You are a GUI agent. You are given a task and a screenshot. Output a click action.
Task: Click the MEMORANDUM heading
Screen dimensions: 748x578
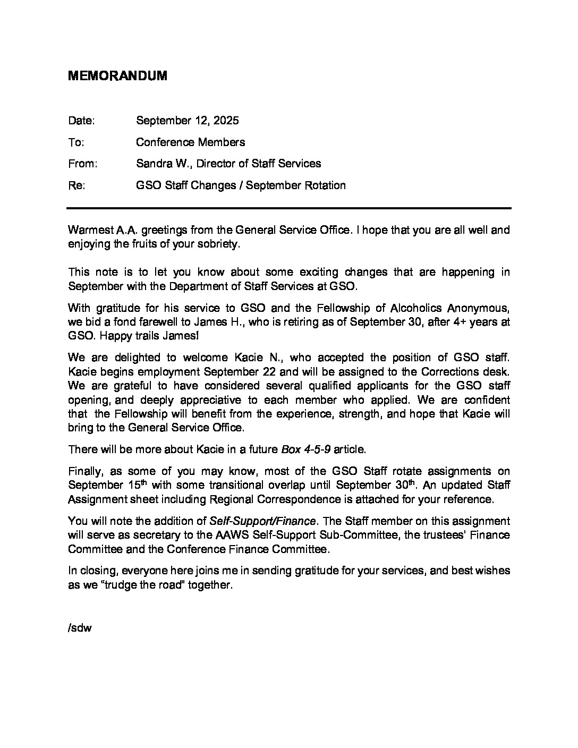[117, 76]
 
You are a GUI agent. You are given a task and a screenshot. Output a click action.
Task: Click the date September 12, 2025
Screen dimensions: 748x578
[187, 120]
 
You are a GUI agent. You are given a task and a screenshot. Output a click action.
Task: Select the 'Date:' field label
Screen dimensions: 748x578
[81, 120]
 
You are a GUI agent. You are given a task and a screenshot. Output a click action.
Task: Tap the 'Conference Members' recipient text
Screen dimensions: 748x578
[190, 142]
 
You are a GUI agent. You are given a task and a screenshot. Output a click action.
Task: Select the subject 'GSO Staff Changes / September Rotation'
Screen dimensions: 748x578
[241, 185]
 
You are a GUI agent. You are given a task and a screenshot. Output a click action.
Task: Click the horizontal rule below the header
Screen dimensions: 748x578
[289, 208]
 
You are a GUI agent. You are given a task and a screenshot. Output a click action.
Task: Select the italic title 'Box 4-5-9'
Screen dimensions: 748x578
[305, 449]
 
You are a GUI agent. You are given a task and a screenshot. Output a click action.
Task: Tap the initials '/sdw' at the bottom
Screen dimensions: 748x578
[80, 628]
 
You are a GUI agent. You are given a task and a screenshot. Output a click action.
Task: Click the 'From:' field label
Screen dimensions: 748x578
[82, 164]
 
